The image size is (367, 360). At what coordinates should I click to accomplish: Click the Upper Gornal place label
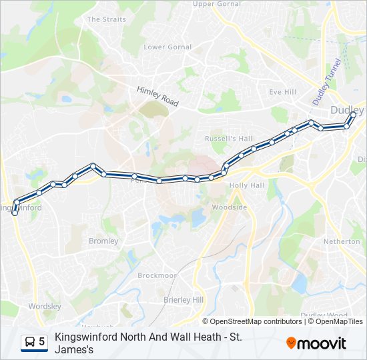(216, 4)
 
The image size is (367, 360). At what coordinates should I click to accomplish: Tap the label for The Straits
(106, 19)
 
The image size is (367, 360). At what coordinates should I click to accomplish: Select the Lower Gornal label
(167, 47)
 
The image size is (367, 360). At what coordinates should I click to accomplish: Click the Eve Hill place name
(282, 92)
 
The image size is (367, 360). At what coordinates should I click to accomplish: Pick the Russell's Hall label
(229, 139)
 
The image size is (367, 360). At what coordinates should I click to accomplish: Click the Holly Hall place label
(247, 185)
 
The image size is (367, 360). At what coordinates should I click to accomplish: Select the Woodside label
(229, 207)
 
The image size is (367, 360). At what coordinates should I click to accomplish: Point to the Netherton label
(342, 241)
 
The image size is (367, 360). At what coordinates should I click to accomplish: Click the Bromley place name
(103, 241)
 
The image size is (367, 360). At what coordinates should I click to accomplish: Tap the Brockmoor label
(157, 275)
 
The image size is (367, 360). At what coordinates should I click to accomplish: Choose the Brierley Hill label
(183, 300)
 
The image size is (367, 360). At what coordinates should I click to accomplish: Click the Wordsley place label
(45, 307)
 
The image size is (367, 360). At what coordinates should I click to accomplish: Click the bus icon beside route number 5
(29, 342)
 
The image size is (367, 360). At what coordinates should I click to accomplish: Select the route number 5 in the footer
(42, 342)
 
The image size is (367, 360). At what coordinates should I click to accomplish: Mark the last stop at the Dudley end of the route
(353, 114)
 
